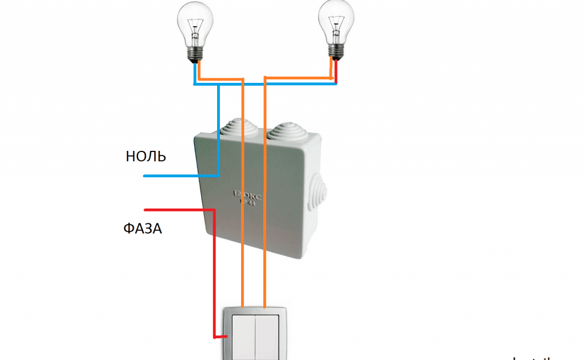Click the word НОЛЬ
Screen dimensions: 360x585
tap(146, 157)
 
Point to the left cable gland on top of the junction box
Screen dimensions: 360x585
tap(235, 127)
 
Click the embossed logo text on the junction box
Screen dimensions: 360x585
tap(248, 198)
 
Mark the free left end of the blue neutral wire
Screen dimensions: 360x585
tap(145, 176)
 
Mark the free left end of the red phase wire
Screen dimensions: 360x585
tap(146, 210)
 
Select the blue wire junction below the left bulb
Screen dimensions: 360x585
tap(219, 85)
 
